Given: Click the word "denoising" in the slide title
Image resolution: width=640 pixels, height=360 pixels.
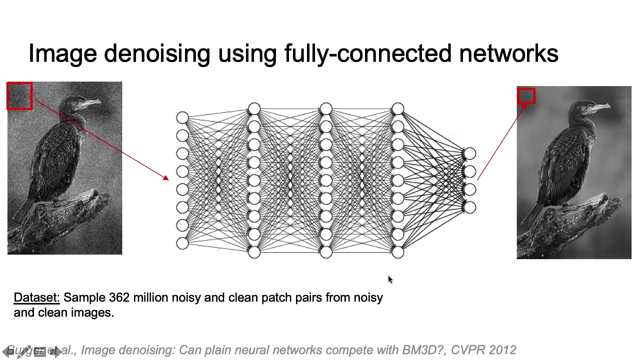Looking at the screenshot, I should click(156, 53).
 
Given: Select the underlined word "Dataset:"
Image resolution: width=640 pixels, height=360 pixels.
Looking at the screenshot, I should click(36, 297).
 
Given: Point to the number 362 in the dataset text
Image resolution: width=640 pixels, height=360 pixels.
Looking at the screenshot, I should click(119, 297).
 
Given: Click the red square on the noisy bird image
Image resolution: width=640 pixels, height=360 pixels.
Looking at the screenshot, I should click(19, 96).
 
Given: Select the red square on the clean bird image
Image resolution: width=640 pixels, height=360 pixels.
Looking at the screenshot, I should click(526, 96).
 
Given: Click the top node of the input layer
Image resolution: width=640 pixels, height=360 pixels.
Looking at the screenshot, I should click(182, 118).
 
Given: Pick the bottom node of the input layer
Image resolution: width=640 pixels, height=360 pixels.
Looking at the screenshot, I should click(182, 243).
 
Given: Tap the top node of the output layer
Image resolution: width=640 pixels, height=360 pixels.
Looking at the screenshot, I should click(469, 154).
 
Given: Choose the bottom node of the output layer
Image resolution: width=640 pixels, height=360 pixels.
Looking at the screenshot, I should click(469, 207).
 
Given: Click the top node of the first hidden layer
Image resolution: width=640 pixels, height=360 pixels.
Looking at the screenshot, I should click(254, 109).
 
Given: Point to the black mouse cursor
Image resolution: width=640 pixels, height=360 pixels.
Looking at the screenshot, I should click(390, 279).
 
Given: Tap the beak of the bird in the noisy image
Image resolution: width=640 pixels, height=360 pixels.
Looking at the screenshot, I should click(93, 103).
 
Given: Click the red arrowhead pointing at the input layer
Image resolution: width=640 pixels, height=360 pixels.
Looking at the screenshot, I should click(166, 177).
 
